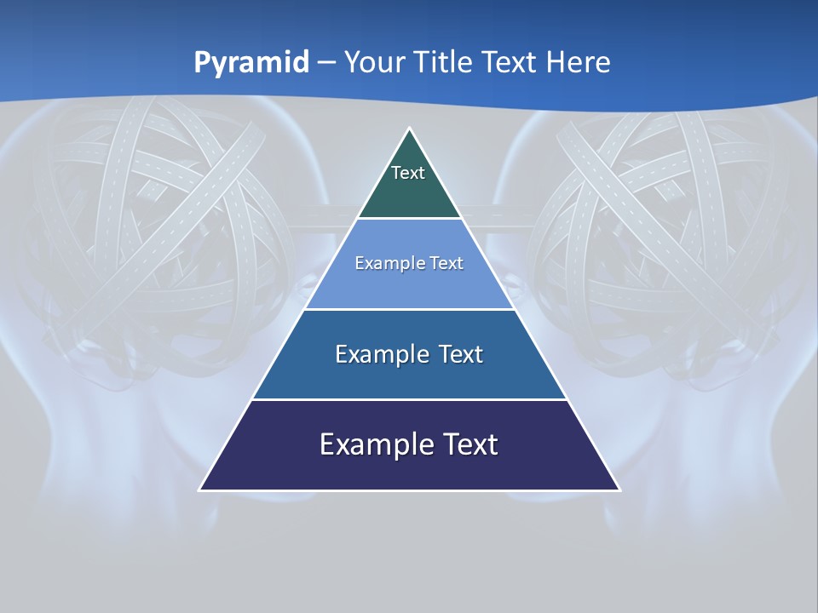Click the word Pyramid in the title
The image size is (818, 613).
(251, 63)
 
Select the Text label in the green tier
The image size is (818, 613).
(408, 174)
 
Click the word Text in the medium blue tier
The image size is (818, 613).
(461, 354)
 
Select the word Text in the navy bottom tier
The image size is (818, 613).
(469, 444)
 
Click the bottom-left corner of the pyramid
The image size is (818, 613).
(200, 490)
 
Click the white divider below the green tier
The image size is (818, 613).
(409, 219)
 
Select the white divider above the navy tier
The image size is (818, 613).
(409, 399)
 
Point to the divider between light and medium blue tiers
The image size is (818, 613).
(409, 309)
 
